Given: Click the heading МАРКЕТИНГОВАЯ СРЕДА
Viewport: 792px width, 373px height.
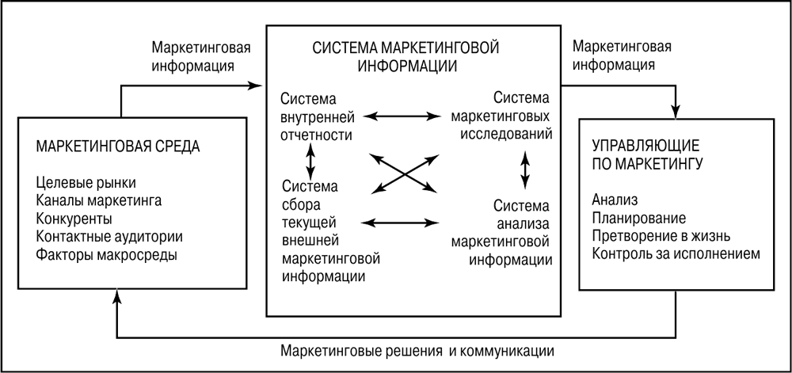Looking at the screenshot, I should tap(118, 147).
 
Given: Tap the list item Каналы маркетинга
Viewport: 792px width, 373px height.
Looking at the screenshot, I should tap(99, 201).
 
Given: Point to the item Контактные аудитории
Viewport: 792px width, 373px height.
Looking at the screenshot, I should tap(109, 237).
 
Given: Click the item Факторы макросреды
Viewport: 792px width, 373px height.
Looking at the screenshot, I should tap(107, 255).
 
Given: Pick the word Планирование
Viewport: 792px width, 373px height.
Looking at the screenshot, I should tap(638, 217).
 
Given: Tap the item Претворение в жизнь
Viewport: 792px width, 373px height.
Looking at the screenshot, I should tap(661, 236).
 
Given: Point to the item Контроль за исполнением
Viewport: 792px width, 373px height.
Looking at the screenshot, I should tap(676, 254).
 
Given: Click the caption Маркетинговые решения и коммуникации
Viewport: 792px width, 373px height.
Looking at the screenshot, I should tap(417, 349).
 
